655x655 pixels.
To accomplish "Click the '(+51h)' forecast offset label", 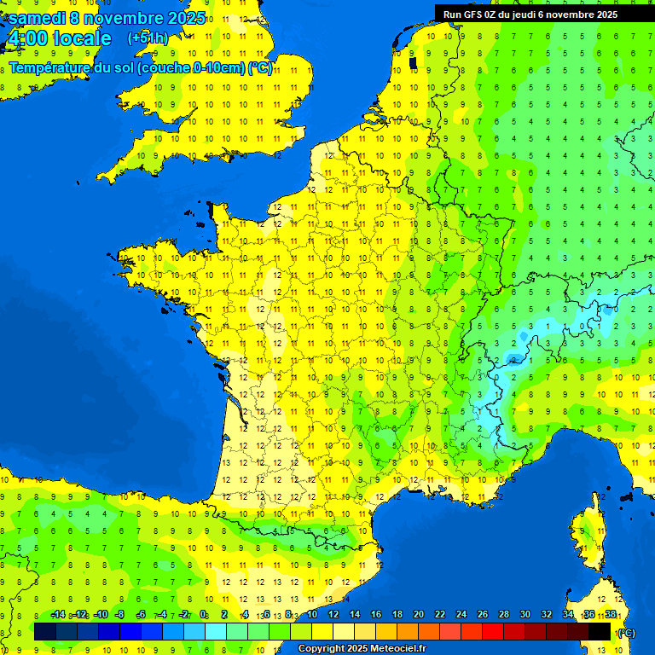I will (x=148, y=38).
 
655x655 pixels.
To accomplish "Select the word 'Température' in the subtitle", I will (x=52, y=68).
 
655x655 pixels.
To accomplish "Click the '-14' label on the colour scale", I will (x=58, y=615).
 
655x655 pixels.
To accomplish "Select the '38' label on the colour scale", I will (x=611, y=615).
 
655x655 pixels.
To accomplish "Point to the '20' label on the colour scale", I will (x=419, y=615).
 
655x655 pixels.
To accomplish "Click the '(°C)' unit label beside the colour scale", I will (x=626, y=632).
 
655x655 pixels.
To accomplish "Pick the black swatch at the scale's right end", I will (x=600, y=631).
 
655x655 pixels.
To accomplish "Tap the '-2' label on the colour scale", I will (x=183, y=615).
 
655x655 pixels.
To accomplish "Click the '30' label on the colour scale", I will (x=525, y=615).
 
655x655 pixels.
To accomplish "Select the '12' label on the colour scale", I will (x=333, y=615).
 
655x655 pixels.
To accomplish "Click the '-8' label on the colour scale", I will (x=120, y=615).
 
